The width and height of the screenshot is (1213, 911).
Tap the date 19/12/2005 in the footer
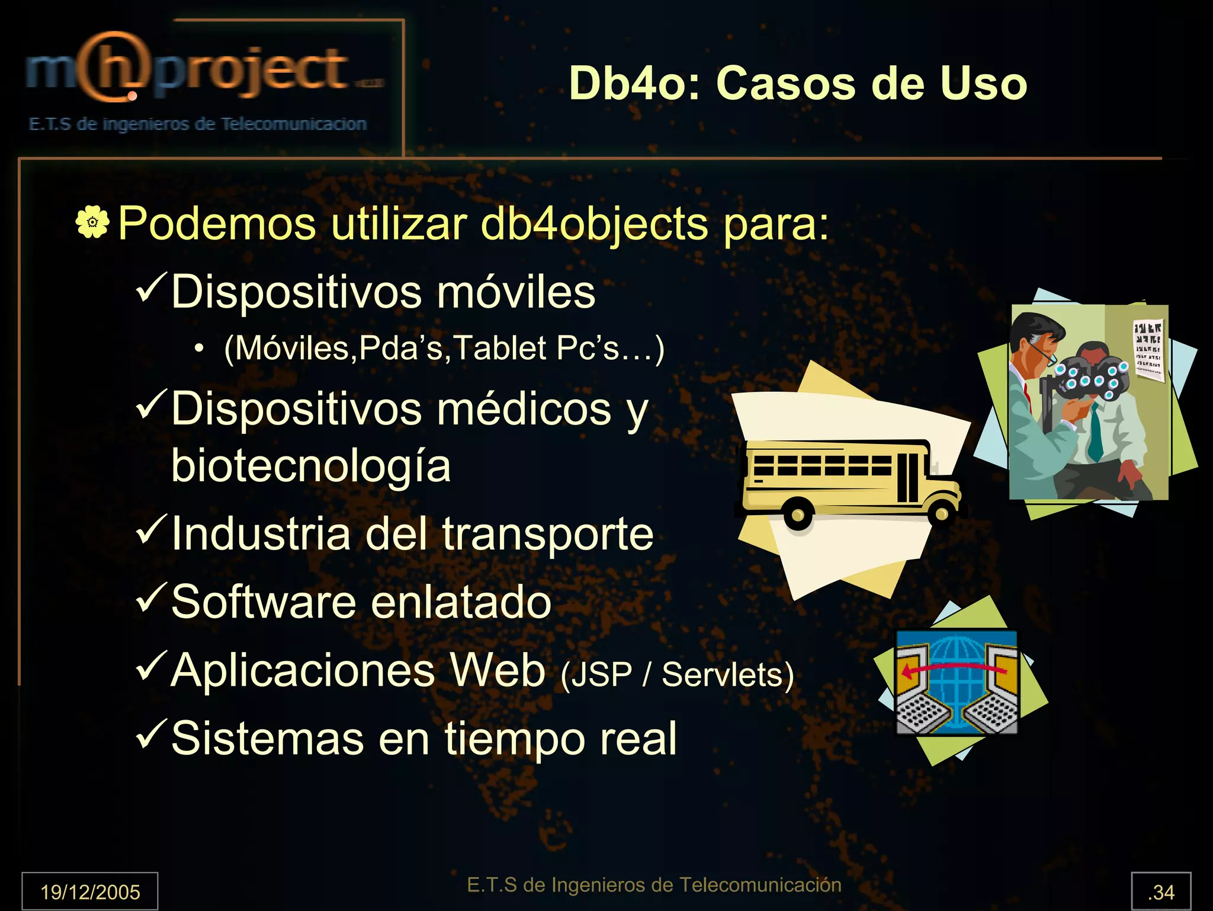(x=90, y=891)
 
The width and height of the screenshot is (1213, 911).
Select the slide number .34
(x=1160, y=891)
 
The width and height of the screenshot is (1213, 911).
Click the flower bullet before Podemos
(x=92, y=223)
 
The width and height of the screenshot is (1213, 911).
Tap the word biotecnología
(x=310, y=466)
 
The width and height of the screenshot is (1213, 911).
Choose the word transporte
(x=547, y=534)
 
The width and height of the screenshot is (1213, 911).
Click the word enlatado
(x=461, y=602)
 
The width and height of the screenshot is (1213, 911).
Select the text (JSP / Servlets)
(x=677, y=675)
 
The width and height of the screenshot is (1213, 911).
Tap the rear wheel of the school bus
(x=798, y=515)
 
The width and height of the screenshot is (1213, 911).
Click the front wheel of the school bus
(x=941, y=513)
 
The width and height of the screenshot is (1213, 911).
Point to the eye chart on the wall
(x=1148, y=349)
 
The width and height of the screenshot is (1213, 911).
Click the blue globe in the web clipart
(x=956, y=682)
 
